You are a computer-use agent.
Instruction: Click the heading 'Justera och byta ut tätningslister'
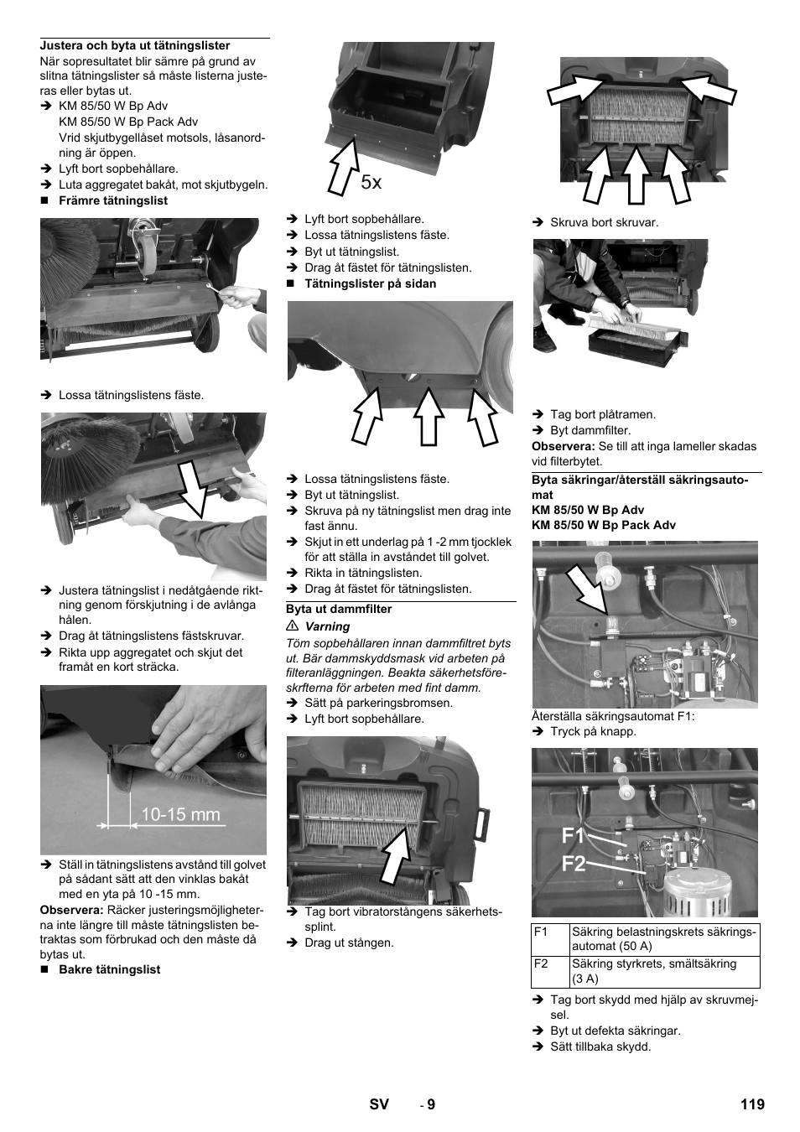tap(135, 46)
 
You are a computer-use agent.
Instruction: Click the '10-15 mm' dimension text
tap(180, 814)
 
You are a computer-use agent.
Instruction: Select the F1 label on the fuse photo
tap(574, 835)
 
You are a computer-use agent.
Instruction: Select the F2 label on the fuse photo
tap(574, 864)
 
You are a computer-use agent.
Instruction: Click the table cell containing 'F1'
tap(550, 939)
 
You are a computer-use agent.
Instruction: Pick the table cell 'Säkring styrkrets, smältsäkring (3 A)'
tap(664, 971)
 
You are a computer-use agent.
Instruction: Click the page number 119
tap(752, 1104)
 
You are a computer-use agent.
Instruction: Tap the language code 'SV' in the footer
tap(379, 1104)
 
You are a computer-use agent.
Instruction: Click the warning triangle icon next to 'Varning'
tap(293, 626)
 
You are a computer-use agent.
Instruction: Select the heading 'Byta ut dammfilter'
tap(339, 610)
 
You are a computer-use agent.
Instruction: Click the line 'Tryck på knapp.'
tap(593, 731)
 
